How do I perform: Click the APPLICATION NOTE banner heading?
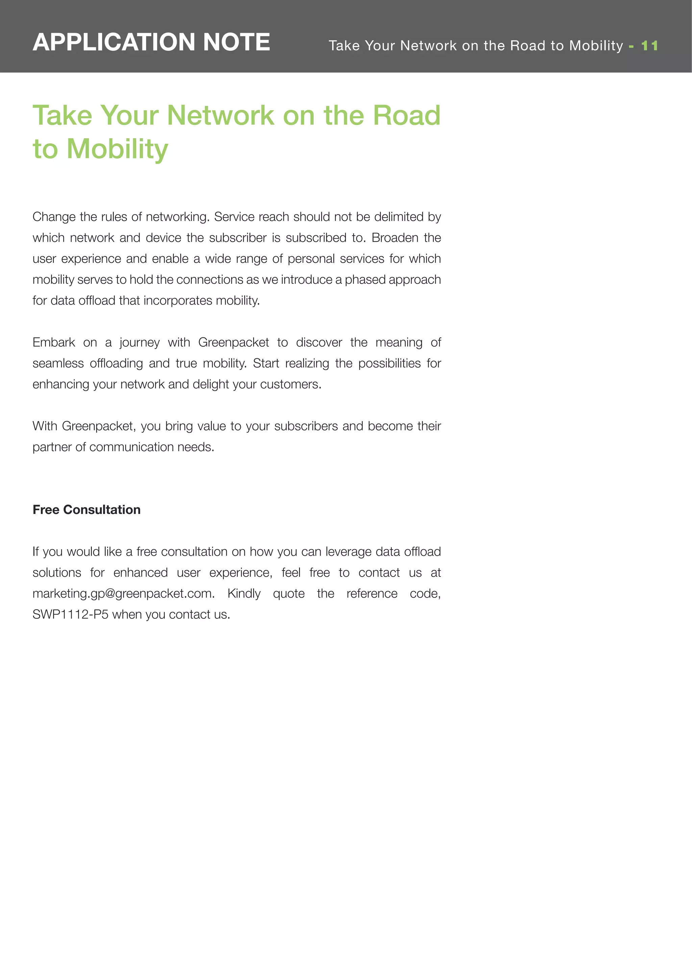tap(151, 42)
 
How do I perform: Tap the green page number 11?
tap(649, 46)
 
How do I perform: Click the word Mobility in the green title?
tap(117, 149)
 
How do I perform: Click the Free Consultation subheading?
tap(86, 510)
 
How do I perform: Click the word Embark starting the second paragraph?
tap(54, 342)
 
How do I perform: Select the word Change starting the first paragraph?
tap(54, 217)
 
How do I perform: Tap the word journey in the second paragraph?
tap(140, 343)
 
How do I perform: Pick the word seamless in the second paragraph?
tap(58, 363)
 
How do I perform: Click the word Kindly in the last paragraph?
tap(244, 593)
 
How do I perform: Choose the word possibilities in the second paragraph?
tap(389, 363)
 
